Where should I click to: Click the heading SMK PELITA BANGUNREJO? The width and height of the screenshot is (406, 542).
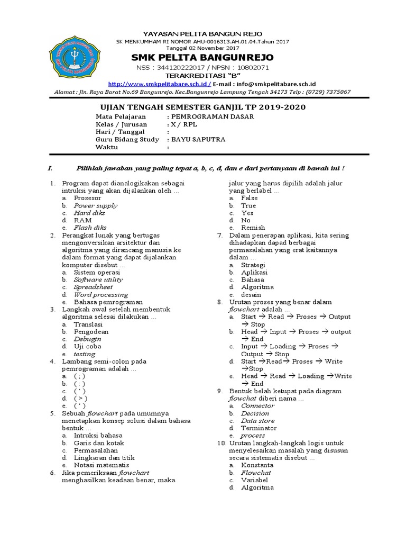pos(203,57)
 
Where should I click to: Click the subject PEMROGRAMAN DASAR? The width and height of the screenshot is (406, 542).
pos(211,116)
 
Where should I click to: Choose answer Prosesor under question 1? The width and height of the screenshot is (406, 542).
pos(87,197)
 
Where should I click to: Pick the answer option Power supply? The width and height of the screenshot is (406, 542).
pos(95,205)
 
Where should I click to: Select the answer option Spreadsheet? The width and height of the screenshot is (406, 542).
pos(94,287)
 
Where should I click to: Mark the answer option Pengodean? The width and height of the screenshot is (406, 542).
pos(91,331)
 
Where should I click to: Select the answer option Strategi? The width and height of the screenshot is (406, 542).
pos(253,265)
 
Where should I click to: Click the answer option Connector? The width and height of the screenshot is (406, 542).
pos(257,405)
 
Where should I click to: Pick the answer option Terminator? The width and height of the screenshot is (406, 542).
pos(259,428)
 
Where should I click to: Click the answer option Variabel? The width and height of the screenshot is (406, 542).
pos(254,480)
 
